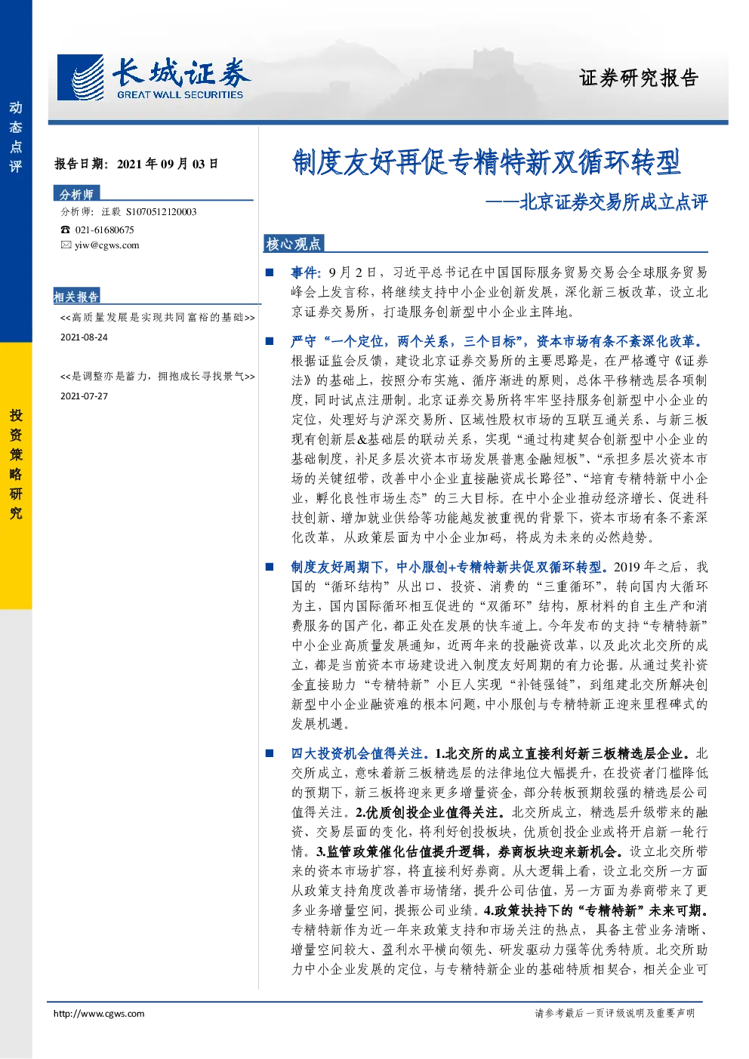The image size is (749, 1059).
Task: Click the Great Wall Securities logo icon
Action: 80,77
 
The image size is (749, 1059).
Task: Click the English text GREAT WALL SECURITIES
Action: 180,94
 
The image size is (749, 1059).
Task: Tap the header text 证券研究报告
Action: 639,78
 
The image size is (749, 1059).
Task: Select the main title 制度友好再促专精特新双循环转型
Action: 486,162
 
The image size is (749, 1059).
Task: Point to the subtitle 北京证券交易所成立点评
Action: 613,202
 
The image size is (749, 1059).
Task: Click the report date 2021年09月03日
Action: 168,164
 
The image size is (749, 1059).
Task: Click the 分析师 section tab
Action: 76,194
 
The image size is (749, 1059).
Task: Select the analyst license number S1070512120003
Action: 162,212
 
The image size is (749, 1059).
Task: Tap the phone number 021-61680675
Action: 104,229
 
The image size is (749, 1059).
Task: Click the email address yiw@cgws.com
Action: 107,245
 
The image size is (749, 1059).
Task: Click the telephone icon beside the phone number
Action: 65,229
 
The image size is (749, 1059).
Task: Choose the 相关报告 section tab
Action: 76,297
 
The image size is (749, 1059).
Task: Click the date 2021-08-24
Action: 84,337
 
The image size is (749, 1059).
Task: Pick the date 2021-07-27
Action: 84,396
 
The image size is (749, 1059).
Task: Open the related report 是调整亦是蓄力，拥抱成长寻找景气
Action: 158,377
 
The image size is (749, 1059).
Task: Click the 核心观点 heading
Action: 293,244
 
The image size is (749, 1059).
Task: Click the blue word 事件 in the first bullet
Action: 304,272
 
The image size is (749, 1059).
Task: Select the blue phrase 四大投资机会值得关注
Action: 356,753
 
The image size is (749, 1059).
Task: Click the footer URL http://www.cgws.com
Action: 99,1013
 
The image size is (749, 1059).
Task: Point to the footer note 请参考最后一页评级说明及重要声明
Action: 615,1013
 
